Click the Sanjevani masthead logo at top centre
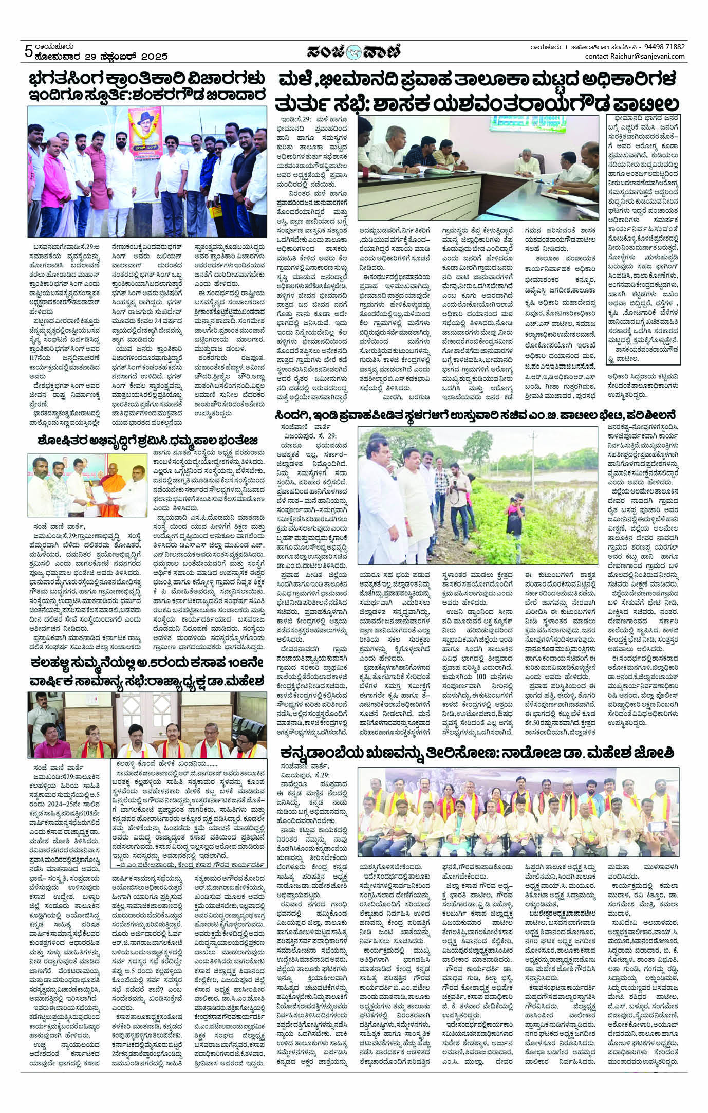354,51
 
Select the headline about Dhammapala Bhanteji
148,441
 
